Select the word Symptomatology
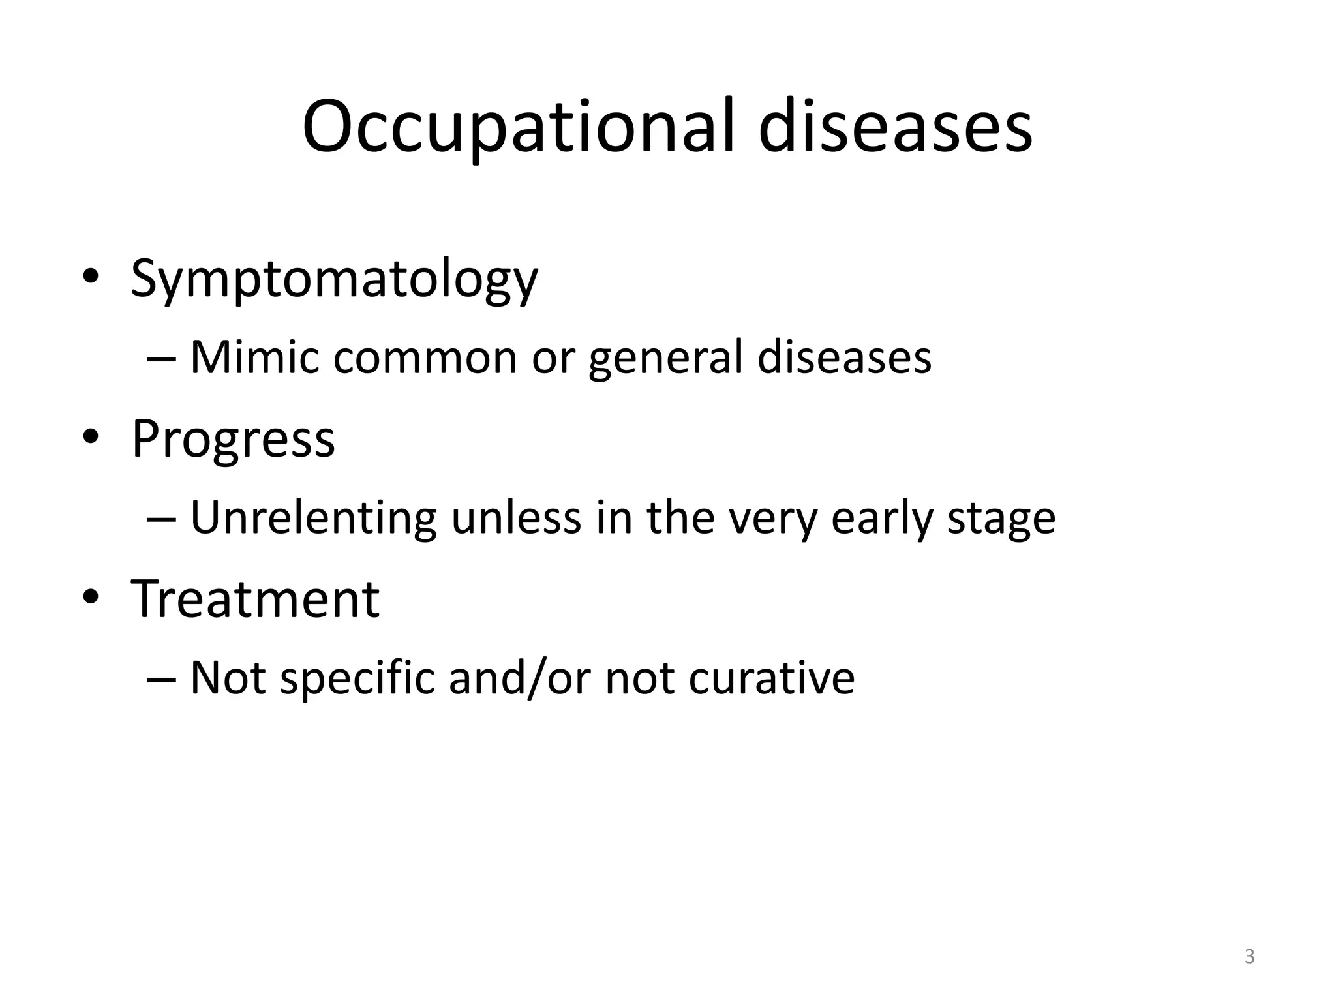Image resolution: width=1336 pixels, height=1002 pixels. (334, 279)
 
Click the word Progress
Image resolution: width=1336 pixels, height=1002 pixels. (233, 440)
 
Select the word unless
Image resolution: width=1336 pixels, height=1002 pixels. (516, 519)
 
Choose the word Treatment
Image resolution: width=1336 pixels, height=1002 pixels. (255, 599)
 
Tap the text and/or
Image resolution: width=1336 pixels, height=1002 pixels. (520, 678)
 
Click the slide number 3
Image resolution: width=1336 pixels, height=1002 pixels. (1249, 956)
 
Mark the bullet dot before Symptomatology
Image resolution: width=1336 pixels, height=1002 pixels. (91, 277)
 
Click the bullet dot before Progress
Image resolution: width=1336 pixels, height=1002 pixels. (91, 438)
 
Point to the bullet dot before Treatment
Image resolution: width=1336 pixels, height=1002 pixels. (91, 598)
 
